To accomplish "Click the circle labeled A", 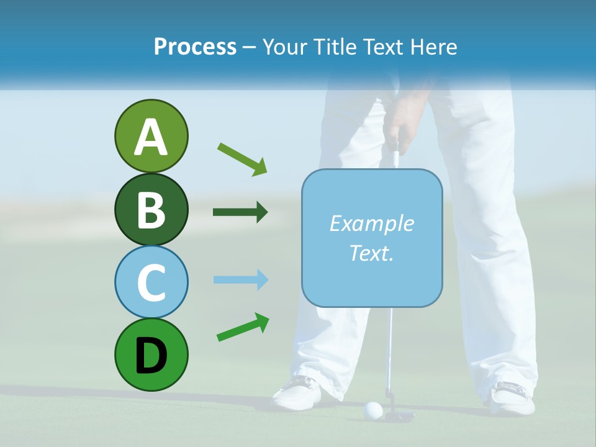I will click(x=151, y=136).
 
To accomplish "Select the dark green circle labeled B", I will click(x=151, y=209).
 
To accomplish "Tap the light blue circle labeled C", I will click(x=151, y=282).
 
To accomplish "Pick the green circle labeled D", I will click(x=151, y=354).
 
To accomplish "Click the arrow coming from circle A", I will click(x=242, y=158).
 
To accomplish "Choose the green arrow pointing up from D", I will click(x=243, y=327).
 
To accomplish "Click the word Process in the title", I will click(x=195, y=47).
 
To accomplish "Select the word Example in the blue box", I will click(x=371, y=223).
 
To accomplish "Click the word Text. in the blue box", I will click(x=371, y=253).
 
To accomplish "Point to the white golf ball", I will click(x=372, y=409).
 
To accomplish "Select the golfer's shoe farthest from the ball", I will click(x=512, y=397).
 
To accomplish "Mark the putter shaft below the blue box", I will click(x=389, y=348).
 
